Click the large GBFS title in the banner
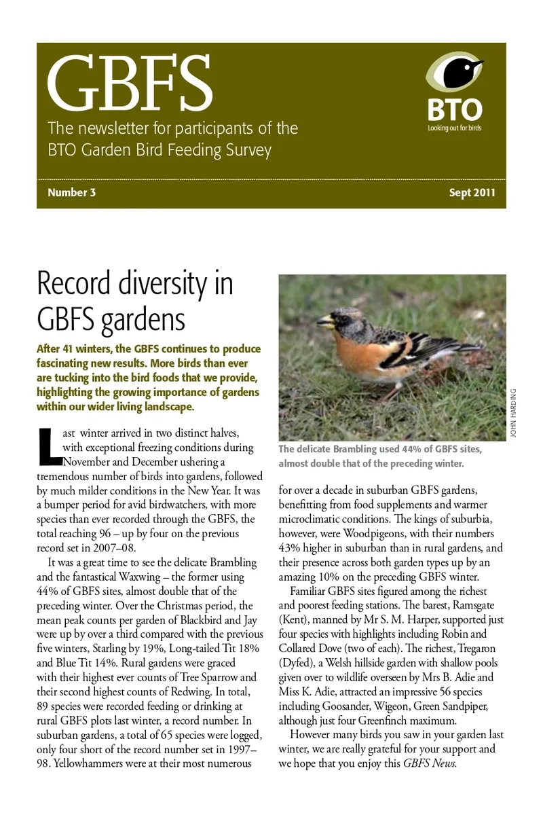click(x=130, y=85)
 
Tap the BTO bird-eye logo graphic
click(x=454, y=73)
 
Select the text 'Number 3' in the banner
click(x=71, y=192)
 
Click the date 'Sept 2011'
click(x=472, y=192)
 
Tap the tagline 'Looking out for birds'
click(x=454, y=128)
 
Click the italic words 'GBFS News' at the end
click(x=430, y=763)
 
